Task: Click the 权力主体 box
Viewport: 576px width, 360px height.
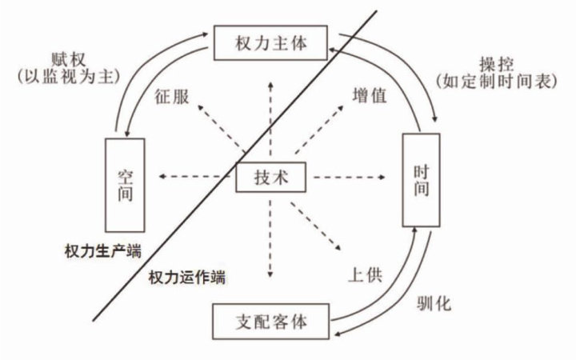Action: tap(271, 42)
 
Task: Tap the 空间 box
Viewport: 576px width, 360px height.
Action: tap(123, 182)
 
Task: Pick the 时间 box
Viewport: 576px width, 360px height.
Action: tap(421, 180)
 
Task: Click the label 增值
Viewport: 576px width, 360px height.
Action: tap(370, 94)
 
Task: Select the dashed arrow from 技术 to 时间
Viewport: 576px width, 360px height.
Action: tap(347, 178)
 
